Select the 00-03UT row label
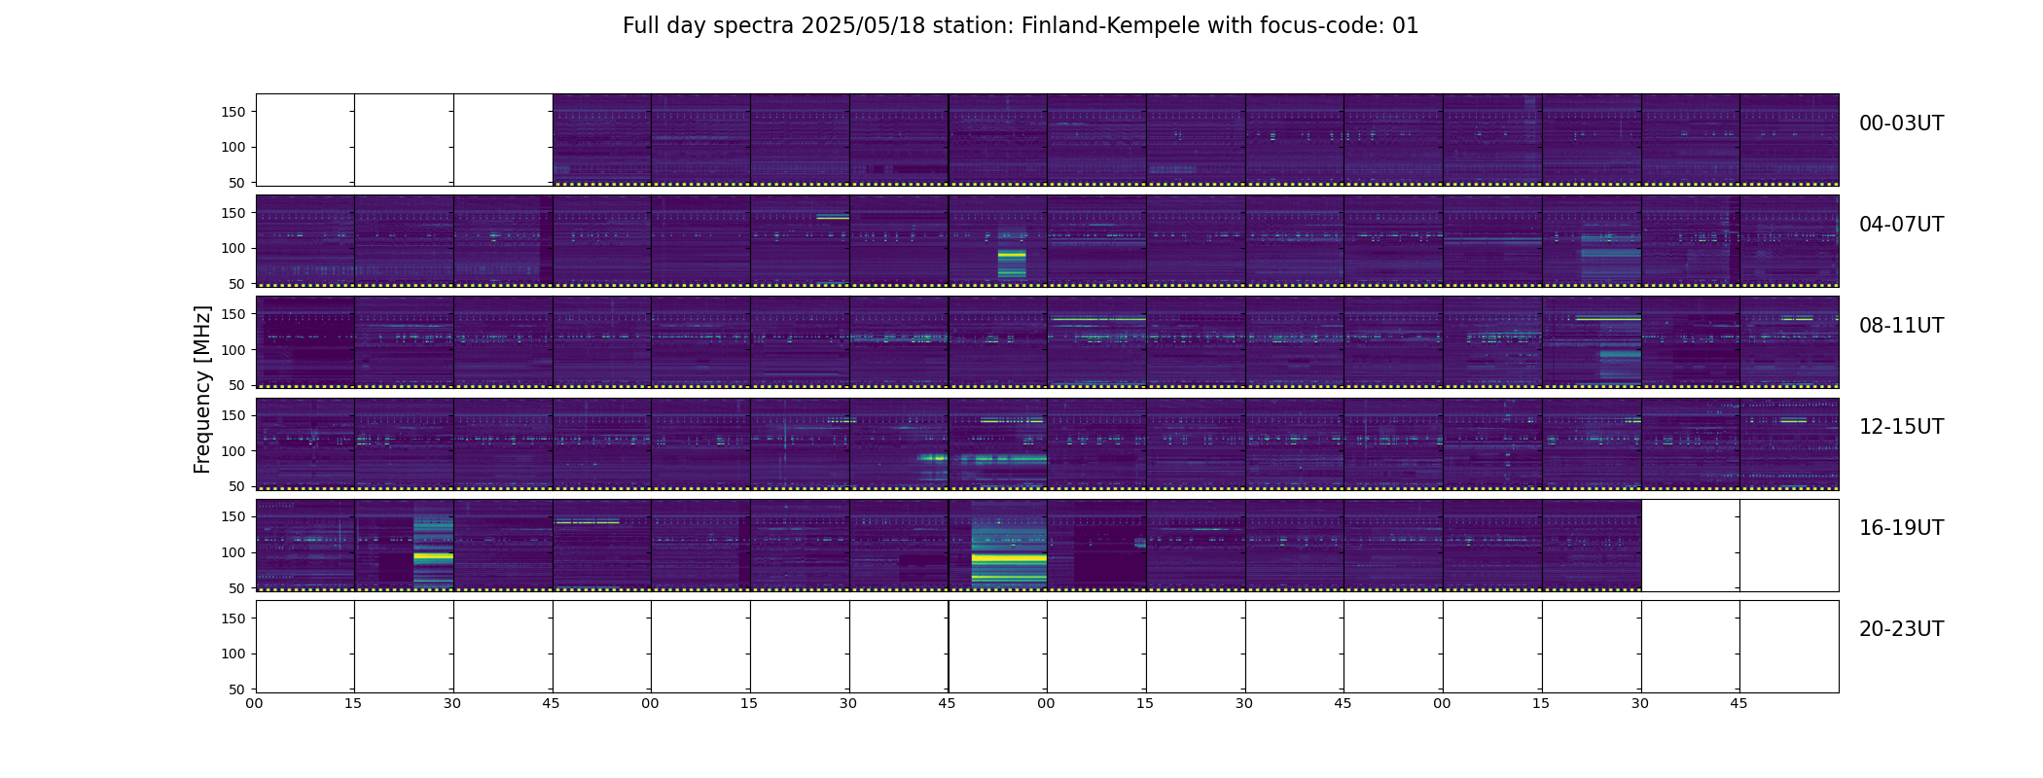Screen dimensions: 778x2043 coord(1901,124)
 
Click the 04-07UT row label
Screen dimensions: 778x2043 coord(1901,225)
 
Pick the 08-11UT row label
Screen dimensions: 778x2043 coord(1901,326)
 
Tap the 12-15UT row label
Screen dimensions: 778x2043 coord(1901,427)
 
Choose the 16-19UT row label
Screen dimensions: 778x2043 coord(1901,528)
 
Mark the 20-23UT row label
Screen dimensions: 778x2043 coord(1901,629)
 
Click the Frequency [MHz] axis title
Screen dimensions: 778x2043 coord(202,389)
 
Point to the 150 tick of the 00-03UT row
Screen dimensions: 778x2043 coord(234,112)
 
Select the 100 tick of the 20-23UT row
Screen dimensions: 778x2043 coord(234,654)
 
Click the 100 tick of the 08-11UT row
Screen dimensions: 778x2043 coord(234,350)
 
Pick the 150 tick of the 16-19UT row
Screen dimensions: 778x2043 coord(234,516)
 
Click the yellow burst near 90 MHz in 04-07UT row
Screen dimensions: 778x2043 coord(1012,255)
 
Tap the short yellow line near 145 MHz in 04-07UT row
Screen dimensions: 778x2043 coord(833,218)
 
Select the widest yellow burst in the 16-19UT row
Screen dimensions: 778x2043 coord(1009,558)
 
